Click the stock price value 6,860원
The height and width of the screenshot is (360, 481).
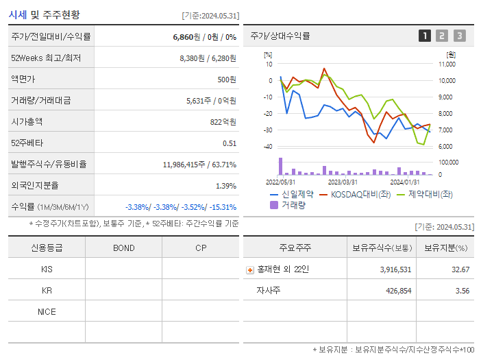187,36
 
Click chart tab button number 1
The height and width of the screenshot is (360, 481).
425,36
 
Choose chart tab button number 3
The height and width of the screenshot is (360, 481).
459,36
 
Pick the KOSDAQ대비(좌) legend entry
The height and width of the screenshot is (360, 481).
357,194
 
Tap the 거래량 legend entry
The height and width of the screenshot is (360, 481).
293,204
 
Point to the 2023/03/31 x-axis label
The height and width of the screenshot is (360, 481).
343,182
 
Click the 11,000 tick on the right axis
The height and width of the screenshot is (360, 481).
446,64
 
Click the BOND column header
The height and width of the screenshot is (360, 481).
123,248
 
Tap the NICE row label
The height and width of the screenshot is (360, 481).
47,311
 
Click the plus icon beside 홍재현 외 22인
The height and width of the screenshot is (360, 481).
250,269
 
